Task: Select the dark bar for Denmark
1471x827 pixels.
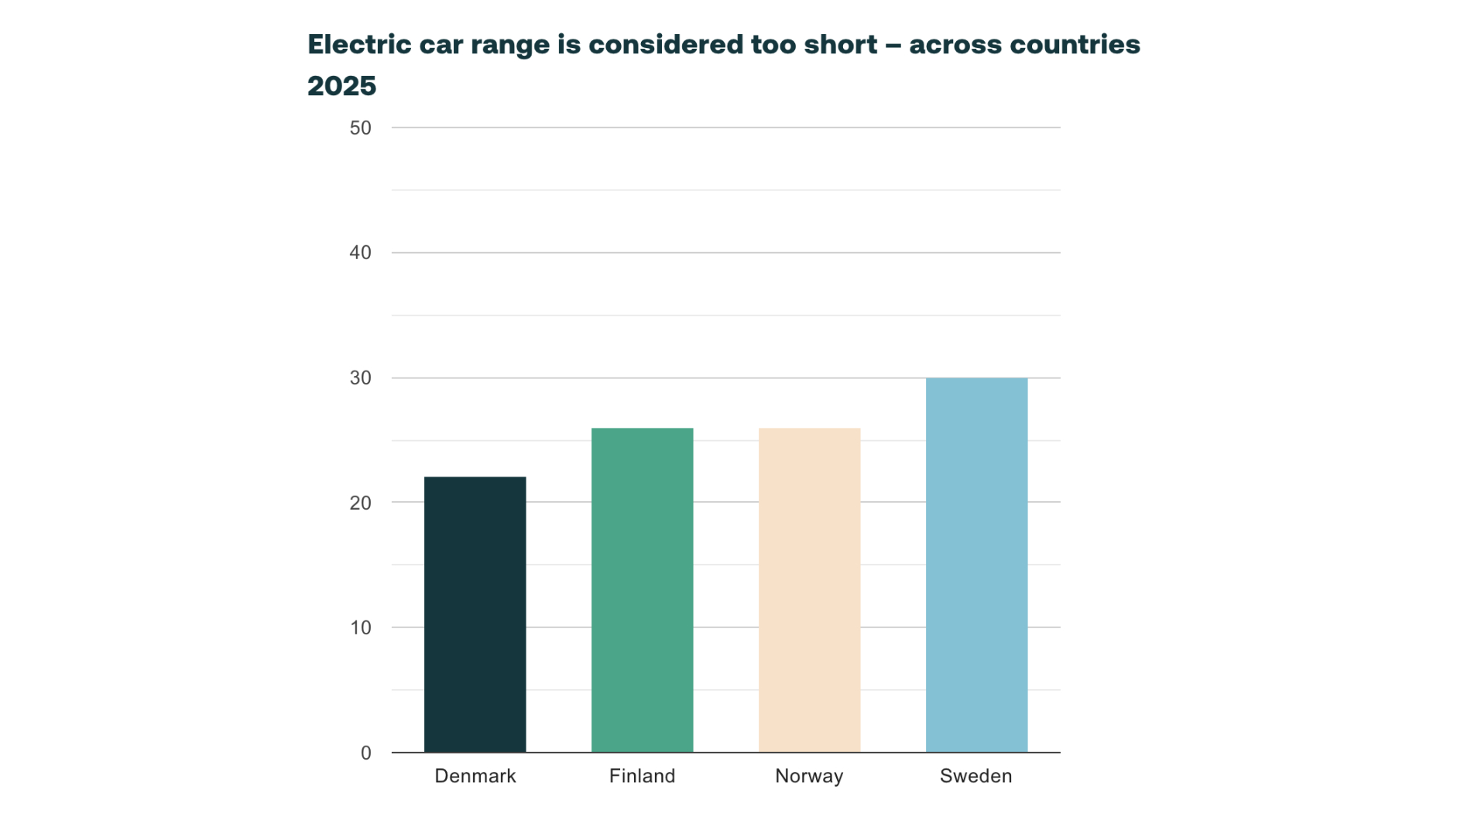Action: tap(475, 614)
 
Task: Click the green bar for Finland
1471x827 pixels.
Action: tap(642, 589)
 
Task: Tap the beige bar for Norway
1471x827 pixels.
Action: tap(809, 589)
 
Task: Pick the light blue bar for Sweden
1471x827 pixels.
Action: tap(976, 565)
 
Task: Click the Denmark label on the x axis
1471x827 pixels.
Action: tap(475, 776)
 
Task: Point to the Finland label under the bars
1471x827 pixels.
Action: tap(642, 776)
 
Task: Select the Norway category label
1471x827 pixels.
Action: tap(809, 776)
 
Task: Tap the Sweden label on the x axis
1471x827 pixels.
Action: tap(976, 776)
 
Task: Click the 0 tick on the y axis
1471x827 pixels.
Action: tap(365, 753)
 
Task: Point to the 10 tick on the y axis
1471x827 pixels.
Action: tap(360, 627)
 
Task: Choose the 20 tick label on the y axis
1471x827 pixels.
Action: tap(360, 503)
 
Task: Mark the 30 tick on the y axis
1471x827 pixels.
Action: tap(360, 378)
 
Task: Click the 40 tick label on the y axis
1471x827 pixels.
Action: tap(360, 252)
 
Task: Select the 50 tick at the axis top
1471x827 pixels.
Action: tap(360, 128)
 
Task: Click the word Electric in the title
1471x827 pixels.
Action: tap(359, 44)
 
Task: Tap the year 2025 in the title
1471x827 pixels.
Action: tap(341, 86)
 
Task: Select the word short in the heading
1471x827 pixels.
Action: tap(840, 44)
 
